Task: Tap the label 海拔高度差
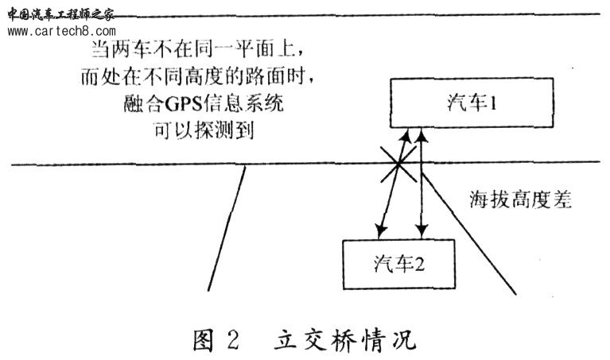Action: coord(520,199)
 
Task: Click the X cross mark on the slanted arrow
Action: coord(398,165)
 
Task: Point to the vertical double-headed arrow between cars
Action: coord(422,183)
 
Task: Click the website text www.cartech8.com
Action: coord(61,31)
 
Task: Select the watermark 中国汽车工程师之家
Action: coord(60,15)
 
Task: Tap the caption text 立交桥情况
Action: coord(345,341)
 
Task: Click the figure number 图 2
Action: coord(216,341)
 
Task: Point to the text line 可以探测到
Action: coord(204,130)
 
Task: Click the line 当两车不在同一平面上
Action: coord(197,50)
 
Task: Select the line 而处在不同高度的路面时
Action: coord(197,76)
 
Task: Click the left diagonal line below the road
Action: coord(227,229)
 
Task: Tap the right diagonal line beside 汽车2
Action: coord(469,234)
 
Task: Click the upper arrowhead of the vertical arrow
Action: coord(422,135)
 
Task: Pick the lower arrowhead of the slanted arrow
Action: coord(380,230)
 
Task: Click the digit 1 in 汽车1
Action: coord(492,103)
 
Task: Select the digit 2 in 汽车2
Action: coord(419,265)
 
